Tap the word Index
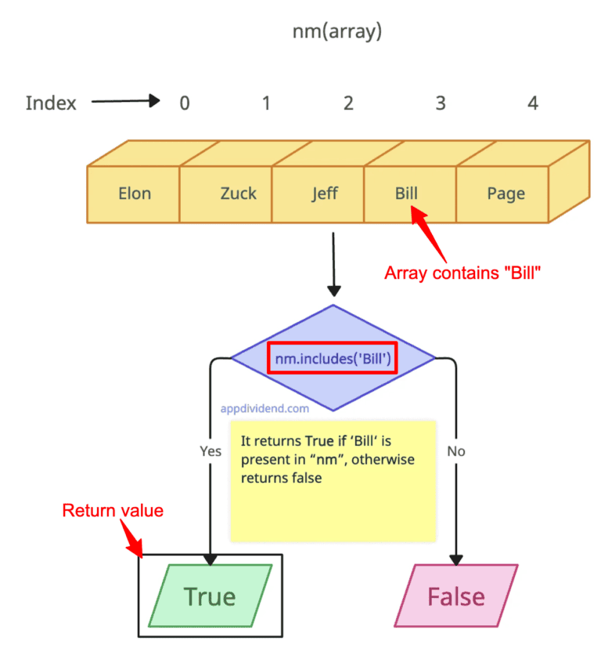click(x=51, y=103)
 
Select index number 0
click(x=184, y=103)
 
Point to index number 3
click(x=441, y=103)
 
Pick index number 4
click(x=533, y=103)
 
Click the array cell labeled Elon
click(x=134, y=194)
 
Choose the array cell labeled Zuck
click(x=238, y=194)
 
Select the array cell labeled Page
click(x=506, y=194)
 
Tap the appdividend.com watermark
click(x=265, y=408)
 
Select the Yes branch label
click(x=211, y=451)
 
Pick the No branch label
click(x=456, y=451)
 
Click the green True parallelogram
click(x=210, y=596)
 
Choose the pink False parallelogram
click(x=455, y=596)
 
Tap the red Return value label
click(x=113, y=511)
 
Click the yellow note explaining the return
click(x=333, y=480)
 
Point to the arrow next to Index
click(x=125, y=102)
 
